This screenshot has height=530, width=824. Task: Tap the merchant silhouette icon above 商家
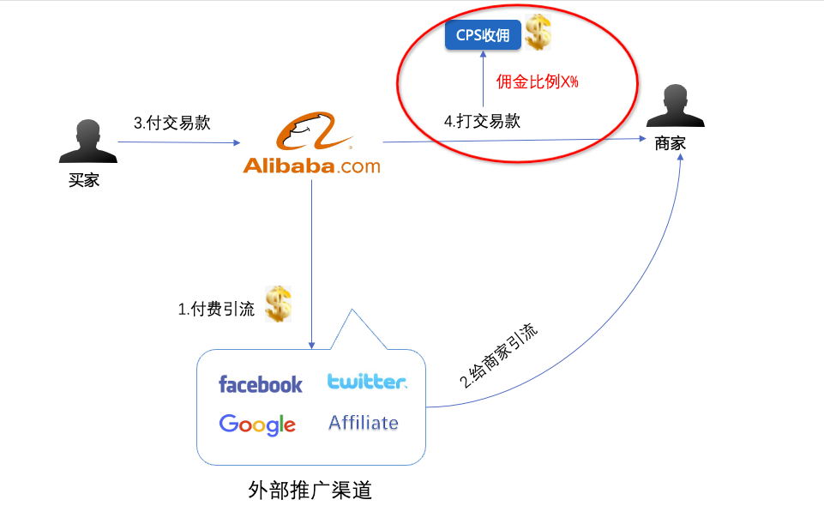[x=669, y=107]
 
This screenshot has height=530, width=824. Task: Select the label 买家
[x=84, y=181]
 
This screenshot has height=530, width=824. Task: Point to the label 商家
[x=670, y=143]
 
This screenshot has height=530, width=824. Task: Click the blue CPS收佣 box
[x=483, y=36]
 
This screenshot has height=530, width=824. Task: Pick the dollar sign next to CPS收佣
[x=538, y=33]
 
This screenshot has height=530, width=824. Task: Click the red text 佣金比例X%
[x=538, y=82]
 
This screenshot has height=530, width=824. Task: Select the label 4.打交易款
[x=482, y=121]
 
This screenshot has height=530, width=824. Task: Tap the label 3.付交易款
[x=171, y=123]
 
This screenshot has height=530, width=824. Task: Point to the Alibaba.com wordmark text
[x=311, y=166]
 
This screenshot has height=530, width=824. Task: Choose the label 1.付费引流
[x=216, y=310]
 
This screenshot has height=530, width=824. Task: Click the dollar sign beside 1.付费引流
[x=278, y=304]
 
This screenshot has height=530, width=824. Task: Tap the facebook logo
[x=261, y=384]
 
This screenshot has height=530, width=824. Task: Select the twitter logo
[x=367, y=381]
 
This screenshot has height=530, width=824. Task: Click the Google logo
[x=257, y=424]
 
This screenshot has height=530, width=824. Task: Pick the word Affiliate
[x=364, y=422]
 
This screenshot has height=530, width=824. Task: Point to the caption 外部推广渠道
[x=310, y=491]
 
